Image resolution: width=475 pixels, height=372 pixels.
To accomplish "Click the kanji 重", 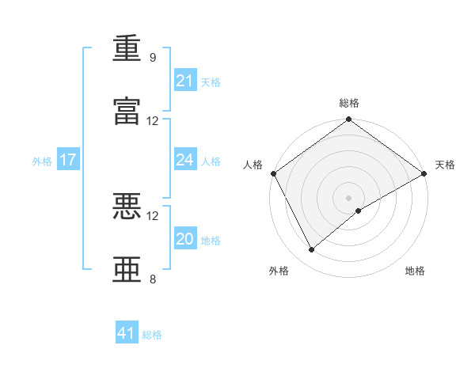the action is (127, 47).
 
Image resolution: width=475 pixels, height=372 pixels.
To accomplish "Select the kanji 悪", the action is (127, 207).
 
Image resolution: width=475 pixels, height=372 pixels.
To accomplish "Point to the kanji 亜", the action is (127, 269).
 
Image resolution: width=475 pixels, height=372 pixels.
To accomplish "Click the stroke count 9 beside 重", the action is (153, 57).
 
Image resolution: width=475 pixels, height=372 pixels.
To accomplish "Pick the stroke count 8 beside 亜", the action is (153, 279).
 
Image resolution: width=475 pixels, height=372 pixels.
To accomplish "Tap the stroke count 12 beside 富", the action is (152, 121).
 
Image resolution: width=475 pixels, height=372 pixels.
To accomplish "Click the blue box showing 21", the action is (185, 80).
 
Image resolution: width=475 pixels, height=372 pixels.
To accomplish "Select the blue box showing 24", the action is (185, 159).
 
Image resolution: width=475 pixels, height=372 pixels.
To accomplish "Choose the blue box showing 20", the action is (185, 237).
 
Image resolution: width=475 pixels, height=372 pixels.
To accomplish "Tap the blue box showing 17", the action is (68, 159).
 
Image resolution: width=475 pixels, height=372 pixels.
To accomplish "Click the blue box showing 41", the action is (127, 332).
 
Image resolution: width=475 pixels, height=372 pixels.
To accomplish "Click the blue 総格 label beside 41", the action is (152, 335).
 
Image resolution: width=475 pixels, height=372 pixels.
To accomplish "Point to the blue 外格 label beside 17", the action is (42, 161).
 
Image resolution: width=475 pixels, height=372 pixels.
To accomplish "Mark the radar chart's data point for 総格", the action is (348, 119).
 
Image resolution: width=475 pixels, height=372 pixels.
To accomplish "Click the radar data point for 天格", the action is (424, 173).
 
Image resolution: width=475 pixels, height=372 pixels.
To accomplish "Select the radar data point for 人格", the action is (274, 173).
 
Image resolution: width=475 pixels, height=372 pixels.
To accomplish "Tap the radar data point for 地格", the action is (359, 211).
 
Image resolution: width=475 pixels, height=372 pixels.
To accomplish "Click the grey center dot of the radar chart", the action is (348, 198).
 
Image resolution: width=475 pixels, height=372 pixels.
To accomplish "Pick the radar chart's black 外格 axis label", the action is (279, 271).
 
